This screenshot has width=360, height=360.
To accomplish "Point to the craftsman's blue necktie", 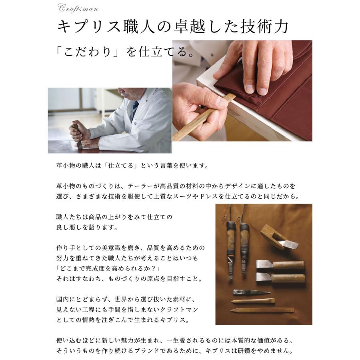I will pyautogui.click(x=136, y=107).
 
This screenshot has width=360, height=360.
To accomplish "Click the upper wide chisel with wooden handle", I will pyautogui.click(x=280, y=266).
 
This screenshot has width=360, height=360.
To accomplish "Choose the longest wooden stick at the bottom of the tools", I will pyautogui.click(x=262, y=310).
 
